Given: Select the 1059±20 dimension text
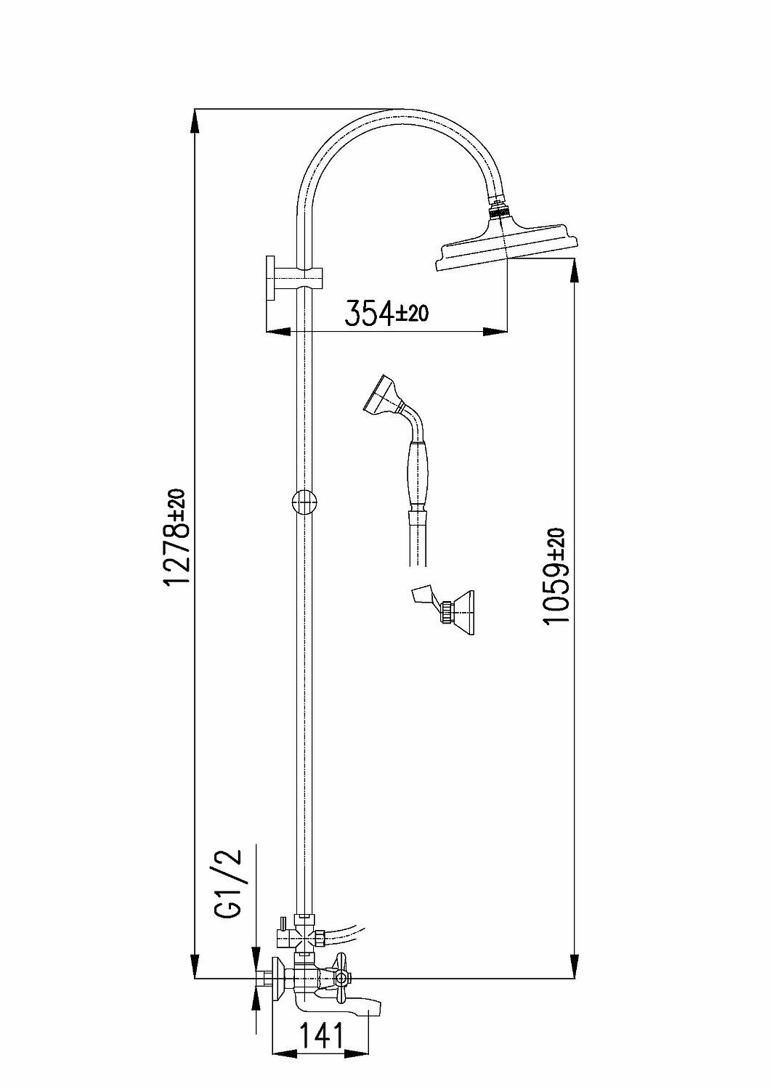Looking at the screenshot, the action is (x=555, y=577).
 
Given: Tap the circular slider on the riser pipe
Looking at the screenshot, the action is (x=304, y=502).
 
